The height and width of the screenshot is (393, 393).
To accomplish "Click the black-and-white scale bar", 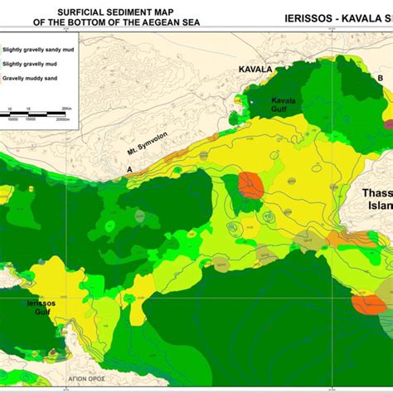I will (x=33, y=114).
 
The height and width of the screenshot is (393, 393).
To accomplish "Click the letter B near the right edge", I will (x=380, y=79).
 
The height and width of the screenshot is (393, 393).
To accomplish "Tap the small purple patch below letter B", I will (x=387, y=124).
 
